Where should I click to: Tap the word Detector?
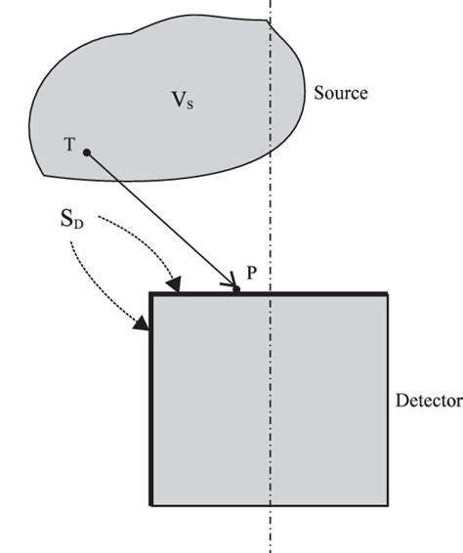coord(428,401)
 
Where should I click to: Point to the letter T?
coord(69,144)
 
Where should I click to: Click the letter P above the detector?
coord(251,274)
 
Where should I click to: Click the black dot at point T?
coord(87,152)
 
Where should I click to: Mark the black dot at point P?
coord(237,289)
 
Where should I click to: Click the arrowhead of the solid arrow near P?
coord(231,284)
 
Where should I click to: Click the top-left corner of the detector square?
coord(150,293)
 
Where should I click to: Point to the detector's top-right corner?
coord(389,293)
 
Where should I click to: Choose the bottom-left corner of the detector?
coord(150,505)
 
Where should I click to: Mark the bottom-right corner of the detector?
coord(389,505)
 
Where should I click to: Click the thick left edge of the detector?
coord(150,410)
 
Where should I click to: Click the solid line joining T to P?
coord(161,220)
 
